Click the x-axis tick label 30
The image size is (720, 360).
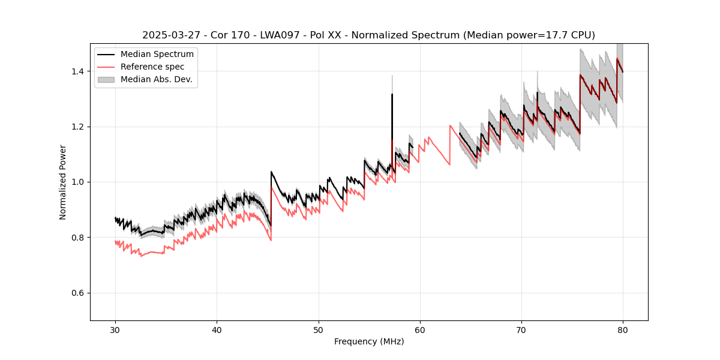point(115,329)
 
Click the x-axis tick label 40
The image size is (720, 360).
point(217,329)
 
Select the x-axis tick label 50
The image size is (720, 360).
point(318,329)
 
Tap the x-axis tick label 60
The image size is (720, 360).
point(420,329)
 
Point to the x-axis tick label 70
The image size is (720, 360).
point(521,329)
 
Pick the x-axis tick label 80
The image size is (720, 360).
point(623,329)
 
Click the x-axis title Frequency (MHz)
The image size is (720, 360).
point(369,341)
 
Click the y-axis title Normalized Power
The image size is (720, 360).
point(63,182)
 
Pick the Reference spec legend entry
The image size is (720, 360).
point(152,67)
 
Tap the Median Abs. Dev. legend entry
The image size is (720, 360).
point(156,79)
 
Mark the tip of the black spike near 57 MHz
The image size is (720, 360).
point(392,94)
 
